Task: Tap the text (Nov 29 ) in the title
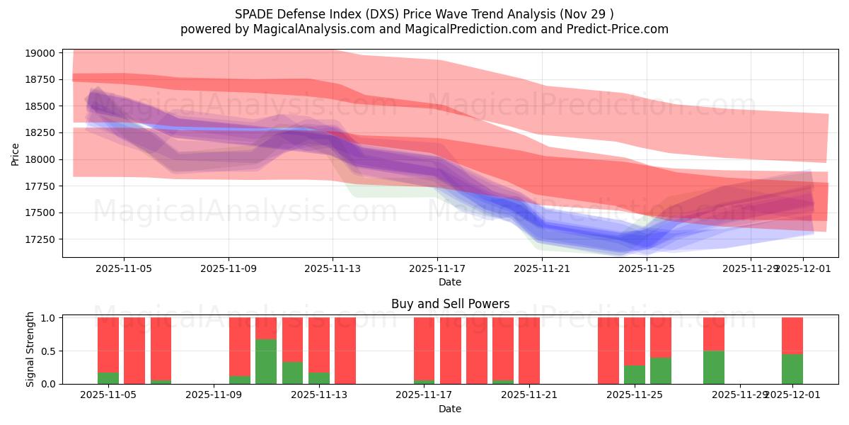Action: click(587, 13)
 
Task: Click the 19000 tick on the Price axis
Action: click(39, 53)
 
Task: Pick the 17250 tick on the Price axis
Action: click(39, 239)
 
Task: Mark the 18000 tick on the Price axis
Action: click(39, 159)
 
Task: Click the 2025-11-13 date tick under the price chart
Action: click(333, 268)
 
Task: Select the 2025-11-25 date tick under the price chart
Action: click(647, 268)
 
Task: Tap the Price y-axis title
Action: click(16, 154)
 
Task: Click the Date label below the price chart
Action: click(450, 282)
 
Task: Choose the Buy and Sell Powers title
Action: click(450, 304)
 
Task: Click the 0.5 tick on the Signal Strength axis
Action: click(48, 351)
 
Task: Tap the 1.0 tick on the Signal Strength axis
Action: click(48, 318)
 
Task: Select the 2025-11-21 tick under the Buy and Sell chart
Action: click(529, 395)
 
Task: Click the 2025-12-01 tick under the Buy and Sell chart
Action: click(792, 395)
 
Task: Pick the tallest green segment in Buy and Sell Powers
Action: click(266, 361)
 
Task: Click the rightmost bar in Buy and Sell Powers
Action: click(792, 351)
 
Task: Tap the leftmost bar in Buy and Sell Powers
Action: click(108, 351)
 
